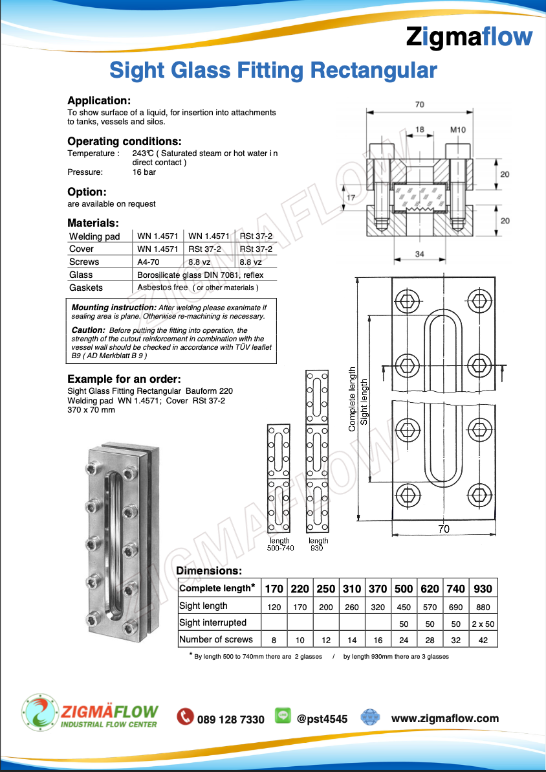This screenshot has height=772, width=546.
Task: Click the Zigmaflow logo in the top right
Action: coord(469,38)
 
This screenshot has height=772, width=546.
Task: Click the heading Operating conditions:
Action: coord(124,141)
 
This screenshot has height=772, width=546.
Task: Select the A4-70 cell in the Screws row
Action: coord(149,262)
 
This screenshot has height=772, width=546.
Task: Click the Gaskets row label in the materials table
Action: coord(86,288)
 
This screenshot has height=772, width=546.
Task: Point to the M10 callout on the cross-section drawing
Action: coord(458,130)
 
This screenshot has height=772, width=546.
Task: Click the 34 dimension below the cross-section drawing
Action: coord(420,255)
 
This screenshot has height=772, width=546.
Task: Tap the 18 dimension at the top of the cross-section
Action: coord(420,130)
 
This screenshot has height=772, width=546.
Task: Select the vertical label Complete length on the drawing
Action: coord(353,399)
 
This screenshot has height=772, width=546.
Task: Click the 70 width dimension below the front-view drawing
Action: coord(444,529)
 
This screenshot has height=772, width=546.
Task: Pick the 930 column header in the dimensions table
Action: coord(483,589)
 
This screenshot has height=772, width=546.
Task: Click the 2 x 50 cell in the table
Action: coord(483,623)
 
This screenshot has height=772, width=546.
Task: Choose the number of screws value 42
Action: coord(483,640)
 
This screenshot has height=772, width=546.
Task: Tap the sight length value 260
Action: coord(352,607)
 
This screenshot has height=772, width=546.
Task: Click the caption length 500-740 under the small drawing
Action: coord(280,545)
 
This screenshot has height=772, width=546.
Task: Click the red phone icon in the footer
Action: coord(186,716)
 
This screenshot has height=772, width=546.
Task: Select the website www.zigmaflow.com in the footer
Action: coord(445,718)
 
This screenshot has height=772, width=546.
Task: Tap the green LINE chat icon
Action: coord(283,716)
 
